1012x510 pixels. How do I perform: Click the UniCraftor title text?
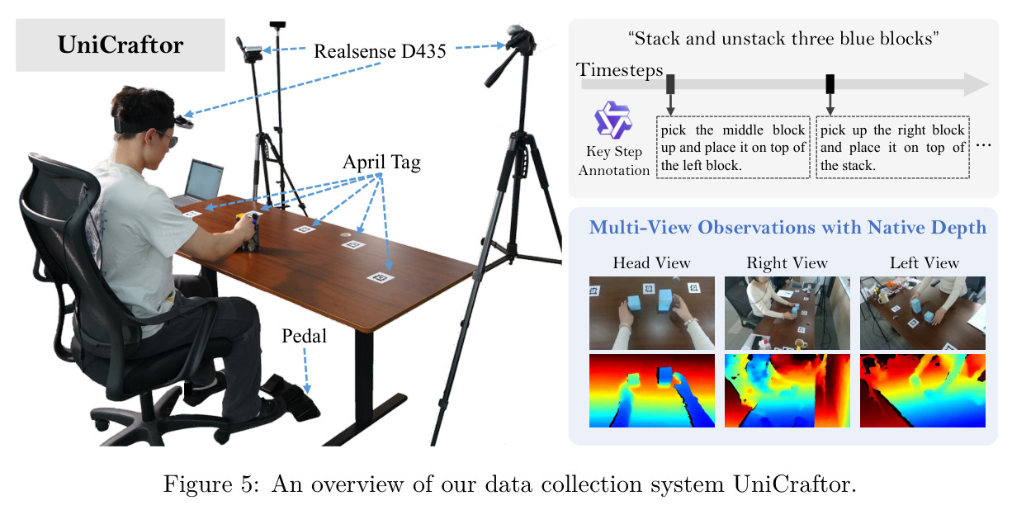tap(121, 45)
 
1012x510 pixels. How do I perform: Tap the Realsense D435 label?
tap(380, 51)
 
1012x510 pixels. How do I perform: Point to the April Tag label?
tap(381, 163)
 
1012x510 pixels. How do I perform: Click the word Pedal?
tap(304, 336)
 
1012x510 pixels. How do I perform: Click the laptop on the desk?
tap(199, 183)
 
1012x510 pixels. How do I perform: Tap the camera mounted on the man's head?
tap(184, 120)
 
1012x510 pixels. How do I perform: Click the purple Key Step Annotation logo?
tap(612, 120)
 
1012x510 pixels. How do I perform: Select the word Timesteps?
tap(619, 70)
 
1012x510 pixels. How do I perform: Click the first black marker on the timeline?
tap(670, 84)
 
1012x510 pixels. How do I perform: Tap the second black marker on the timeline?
tap(830, 84)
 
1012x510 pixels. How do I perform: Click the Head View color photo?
tap(652, 313)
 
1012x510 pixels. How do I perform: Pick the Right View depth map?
tap(787, 390)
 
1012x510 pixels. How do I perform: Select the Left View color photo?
tap(923, 313)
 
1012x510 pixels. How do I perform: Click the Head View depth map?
tap(652, 390)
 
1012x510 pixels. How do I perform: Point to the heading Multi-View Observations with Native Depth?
tap(787, 227)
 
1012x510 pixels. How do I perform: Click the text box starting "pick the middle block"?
tap(733, 147)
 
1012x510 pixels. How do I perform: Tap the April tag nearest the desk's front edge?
tap(381, 277)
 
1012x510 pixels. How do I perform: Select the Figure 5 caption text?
tap(509, 484)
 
